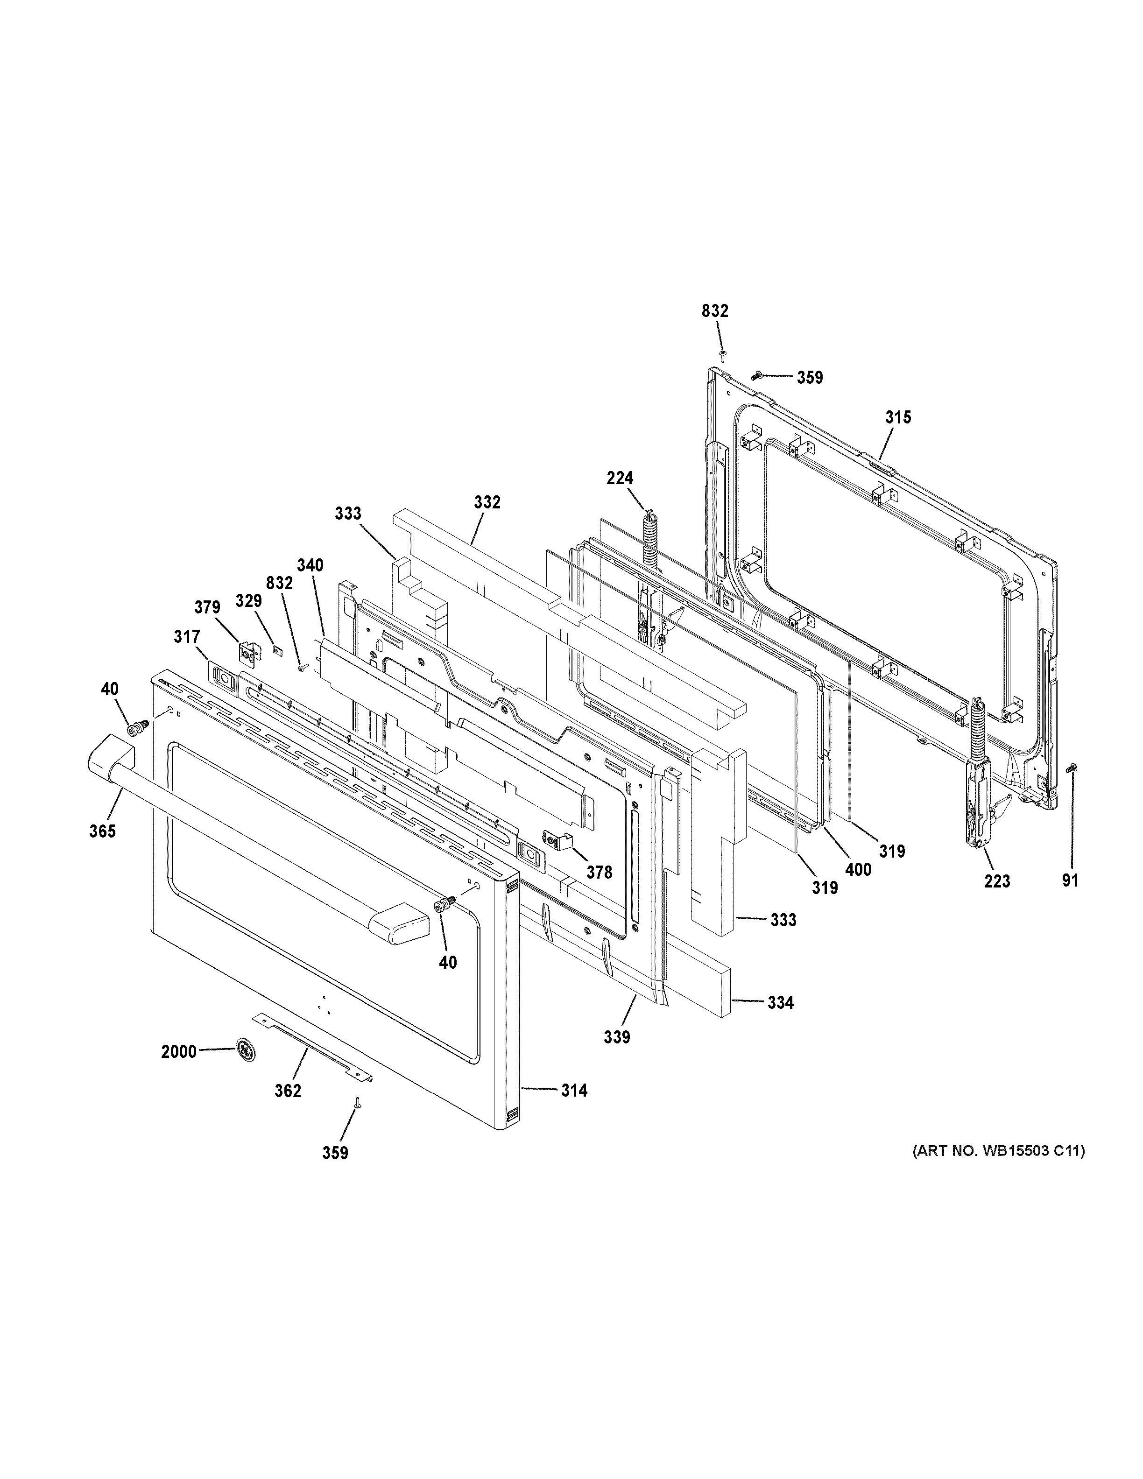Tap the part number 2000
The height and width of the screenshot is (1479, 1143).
pyautogui.click(x=179, y=1052)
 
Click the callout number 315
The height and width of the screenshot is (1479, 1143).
pyautogui.click(x=898, y=417)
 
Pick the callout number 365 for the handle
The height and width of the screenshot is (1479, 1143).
pyautogui.click(x=102, y=831)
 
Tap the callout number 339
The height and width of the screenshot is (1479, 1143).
pyautogui.click(x=617, y=1055)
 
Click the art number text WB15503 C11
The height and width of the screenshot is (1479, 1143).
pyautogui.click(x=997, y=1150)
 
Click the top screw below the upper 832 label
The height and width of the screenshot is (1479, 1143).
pyautogui.click(x=722, y=355)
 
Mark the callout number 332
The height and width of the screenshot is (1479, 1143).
pyautogui.click(x=487, y=502)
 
